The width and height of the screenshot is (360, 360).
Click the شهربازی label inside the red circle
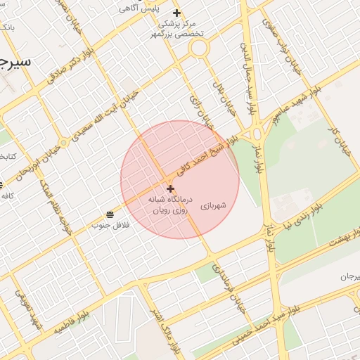213,206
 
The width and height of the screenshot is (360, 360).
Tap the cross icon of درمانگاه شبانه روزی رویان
170,188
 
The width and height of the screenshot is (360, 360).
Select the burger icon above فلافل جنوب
110,214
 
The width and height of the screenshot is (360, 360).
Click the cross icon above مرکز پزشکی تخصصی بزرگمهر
177,13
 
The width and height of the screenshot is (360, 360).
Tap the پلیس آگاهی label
157,8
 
